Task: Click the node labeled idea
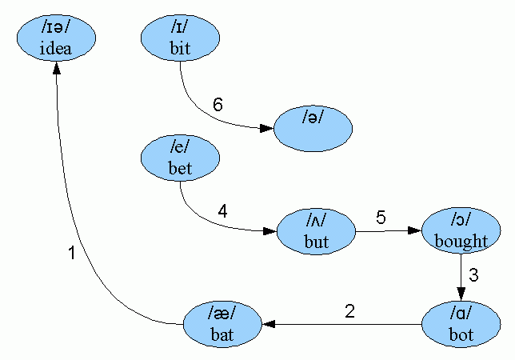click(x=56, y=39)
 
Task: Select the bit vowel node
click(x=180, y=38)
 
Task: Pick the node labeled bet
click(x=180, y=158)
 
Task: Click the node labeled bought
click(x=461, y=231)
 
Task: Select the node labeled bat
click(x=222, y=324)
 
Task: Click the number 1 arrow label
click(x=71, y=254)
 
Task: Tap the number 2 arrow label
click(x=349, y=311)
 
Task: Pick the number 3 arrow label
click(x=473, y=276)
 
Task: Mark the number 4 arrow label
click(x=222, y=212)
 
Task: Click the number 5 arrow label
click(x=381, y=218)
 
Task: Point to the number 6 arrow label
click(x=217, y=104)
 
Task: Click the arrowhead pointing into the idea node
click(x=56, y=69)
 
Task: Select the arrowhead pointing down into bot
click(x=461, y=293)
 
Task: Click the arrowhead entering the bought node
click(x=414, y=230)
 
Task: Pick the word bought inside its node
click(x=461, y=241)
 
